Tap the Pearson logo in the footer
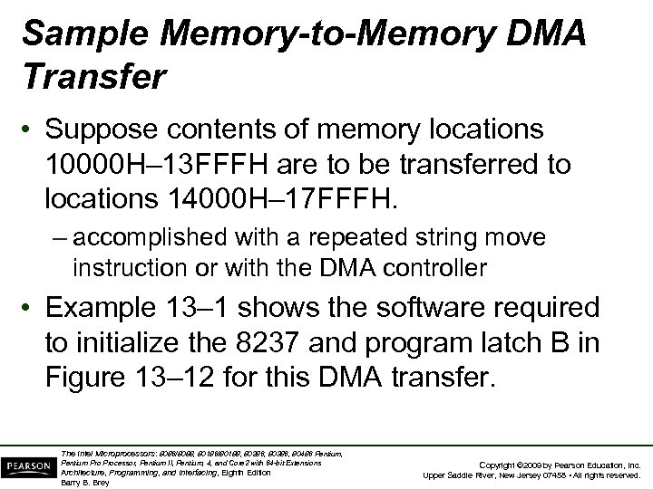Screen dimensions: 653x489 (26, 465)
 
